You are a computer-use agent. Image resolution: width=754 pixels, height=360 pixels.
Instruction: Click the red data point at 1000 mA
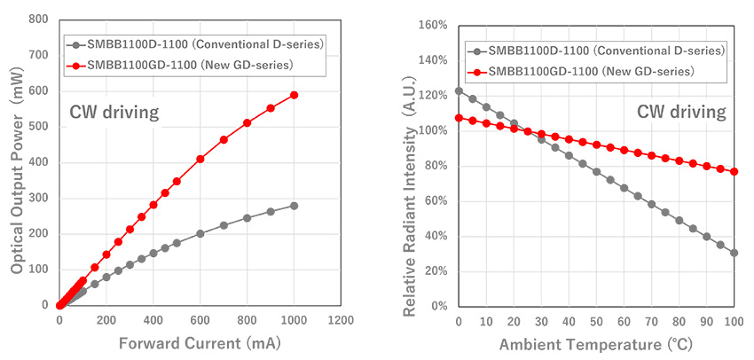pyautogui.click(x=294, y=95)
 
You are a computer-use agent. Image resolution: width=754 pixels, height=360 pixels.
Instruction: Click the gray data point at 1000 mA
pyautogui.click(x=294, y=206)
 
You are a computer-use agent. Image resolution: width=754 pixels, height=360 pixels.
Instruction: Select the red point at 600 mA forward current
pyautogui.click(x=200, y=159)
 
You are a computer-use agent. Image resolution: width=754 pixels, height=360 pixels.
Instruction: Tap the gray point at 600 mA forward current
pyautogui.click(x=200, y=233)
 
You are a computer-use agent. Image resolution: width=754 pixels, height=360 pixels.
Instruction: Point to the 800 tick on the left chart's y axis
pyautogui.click(x=37, y=19)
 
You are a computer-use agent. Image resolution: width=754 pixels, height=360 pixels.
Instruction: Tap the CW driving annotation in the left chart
pyautogui.click(x=114, y=112)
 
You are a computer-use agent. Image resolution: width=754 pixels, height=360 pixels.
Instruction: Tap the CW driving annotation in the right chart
pyautogui.click(x=681, y=112)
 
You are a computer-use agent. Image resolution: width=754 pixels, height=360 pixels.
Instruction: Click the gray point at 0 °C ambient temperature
pyautogui.click(x=459, y=90)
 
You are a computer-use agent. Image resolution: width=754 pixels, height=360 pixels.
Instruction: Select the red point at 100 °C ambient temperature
pyautogui.click(x=734, y=171)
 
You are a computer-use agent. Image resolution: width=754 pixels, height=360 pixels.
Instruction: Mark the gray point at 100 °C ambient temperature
pyautogui.click(x=734, y=253)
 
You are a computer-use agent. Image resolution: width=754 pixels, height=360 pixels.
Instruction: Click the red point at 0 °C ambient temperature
pyautogui.click(x=459, y=118)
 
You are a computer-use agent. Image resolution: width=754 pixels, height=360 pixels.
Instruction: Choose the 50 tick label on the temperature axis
pyautogui.click(x=596, y=321)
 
